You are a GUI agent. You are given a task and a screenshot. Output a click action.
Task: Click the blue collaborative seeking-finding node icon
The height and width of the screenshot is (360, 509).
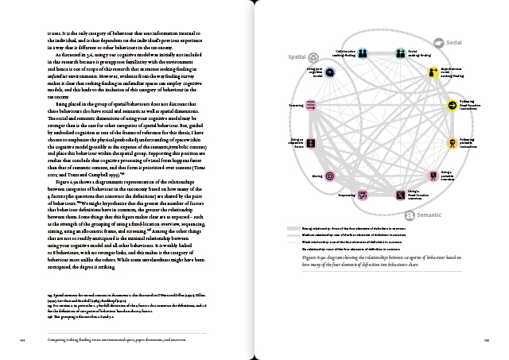[x=363, y=53]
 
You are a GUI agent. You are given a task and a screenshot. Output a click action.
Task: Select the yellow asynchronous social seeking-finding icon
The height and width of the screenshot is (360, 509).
[x=432, y=73]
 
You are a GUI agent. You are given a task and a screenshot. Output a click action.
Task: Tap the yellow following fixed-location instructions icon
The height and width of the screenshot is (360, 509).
[x=452, y=104]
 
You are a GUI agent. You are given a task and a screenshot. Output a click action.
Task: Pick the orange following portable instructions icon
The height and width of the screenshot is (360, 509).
[x=452, y=144]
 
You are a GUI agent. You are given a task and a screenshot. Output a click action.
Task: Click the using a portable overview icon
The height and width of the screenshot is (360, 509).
[x=434, y=175]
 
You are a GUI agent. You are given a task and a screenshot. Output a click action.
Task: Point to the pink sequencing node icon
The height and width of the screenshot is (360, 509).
[x=362, y=193]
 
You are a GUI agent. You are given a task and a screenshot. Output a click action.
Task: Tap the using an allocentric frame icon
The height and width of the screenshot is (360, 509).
[x=313, y=144]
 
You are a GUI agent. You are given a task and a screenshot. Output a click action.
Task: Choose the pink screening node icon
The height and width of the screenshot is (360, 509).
[x=312, y=105]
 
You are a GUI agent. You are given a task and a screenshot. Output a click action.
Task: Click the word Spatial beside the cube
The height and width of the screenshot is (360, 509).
[x=296, y=58]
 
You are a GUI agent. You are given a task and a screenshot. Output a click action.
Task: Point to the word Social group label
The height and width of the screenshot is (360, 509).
[x=455, y=42]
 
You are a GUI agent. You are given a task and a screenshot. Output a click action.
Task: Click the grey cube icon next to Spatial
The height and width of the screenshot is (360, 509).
[x=313, y=58]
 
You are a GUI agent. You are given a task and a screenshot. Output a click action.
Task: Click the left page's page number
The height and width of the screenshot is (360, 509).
[x=24, y=339]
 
